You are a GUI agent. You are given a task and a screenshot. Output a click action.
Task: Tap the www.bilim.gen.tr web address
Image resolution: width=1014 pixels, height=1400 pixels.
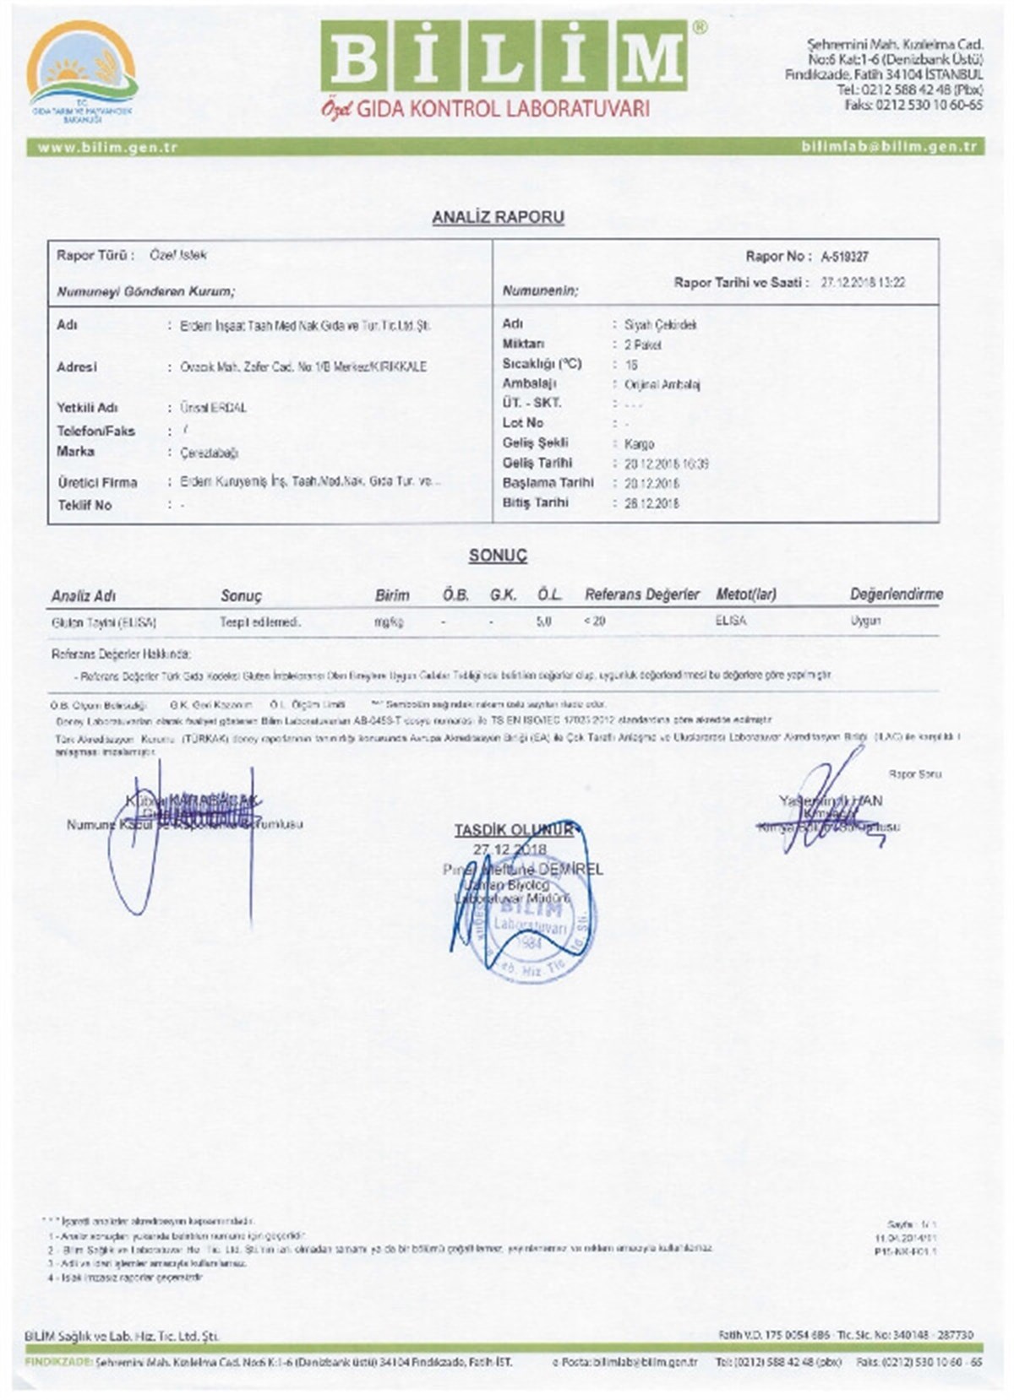point(107,147)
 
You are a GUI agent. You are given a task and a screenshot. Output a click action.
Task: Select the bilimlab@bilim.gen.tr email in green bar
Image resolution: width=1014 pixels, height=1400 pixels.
point(889,147)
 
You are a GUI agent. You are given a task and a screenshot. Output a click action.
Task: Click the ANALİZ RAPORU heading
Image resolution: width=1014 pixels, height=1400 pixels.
point(498,217)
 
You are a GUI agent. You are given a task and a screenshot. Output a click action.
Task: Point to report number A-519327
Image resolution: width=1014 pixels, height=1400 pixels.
point(844,257)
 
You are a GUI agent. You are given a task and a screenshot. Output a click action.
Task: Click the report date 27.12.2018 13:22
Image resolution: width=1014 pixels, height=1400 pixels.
point(863,283)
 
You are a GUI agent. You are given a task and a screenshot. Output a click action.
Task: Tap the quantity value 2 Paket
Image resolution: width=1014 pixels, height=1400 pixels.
point(643,345)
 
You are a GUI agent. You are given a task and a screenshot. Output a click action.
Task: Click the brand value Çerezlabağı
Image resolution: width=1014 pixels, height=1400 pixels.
point(209,453)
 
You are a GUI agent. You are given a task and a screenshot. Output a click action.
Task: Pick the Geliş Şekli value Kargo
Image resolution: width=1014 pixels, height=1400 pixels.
point(639,443)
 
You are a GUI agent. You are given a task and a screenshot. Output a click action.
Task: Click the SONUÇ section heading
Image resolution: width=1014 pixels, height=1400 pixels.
point(498,556)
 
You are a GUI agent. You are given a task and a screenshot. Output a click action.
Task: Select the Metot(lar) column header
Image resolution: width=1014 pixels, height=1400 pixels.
point(745,594)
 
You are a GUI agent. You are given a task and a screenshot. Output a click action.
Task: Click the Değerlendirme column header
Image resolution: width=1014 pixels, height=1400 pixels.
point(896,594)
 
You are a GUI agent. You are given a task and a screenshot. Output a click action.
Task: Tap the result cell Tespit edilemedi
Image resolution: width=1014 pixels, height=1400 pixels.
point(260,622)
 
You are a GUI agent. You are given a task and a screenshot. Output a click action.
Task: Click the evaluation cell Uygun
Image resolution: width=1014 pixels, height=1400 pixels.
point(865,621)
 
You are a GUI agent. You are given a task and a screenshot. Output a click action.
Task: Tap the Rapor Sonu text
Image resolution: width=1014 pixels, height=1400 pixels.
point(914,773)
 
